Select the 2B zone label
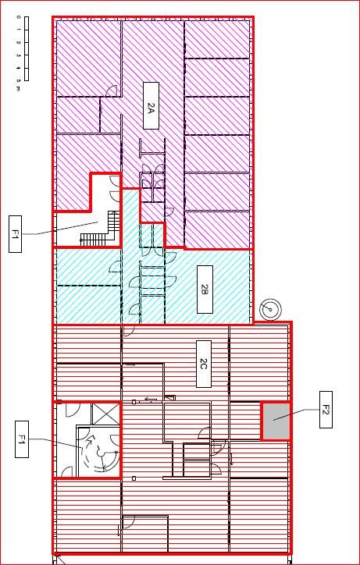[x=204, y=290]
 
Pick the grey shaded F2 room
[x=274, y=421]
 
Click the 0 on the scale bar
[x=17, y=17]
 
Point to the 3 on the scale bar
[x=17, y=55]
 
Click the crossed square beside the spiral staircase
[x=103, y=414]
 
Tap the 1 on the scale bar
[x=17, y=30]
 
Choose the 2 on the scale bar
[x=17, y=42]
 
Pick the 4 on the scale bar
[x=17, y=68]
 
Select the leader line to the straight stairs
[x=62, y=229]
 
